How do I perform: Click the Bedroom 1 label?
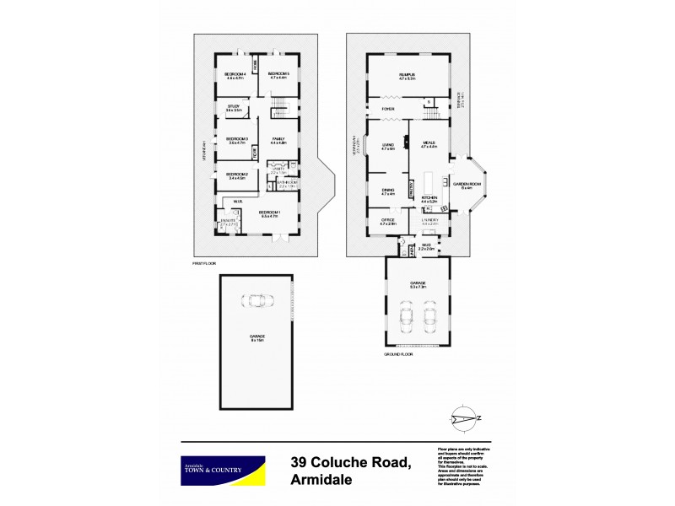(x=268, y=212)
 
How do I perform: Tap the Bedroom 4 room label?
(x=235, y=74)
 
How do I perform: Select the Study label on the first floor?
(x=233, y=106)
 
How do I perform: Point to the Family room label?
(x=278, y=139)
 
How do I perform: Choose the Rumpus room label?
(x=408, y=74)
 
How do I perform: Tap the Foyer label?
(x=388, y=109)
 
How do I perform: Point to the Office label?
(x=388, y=222)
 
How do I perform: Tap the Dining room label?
(x=388, y=191)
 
